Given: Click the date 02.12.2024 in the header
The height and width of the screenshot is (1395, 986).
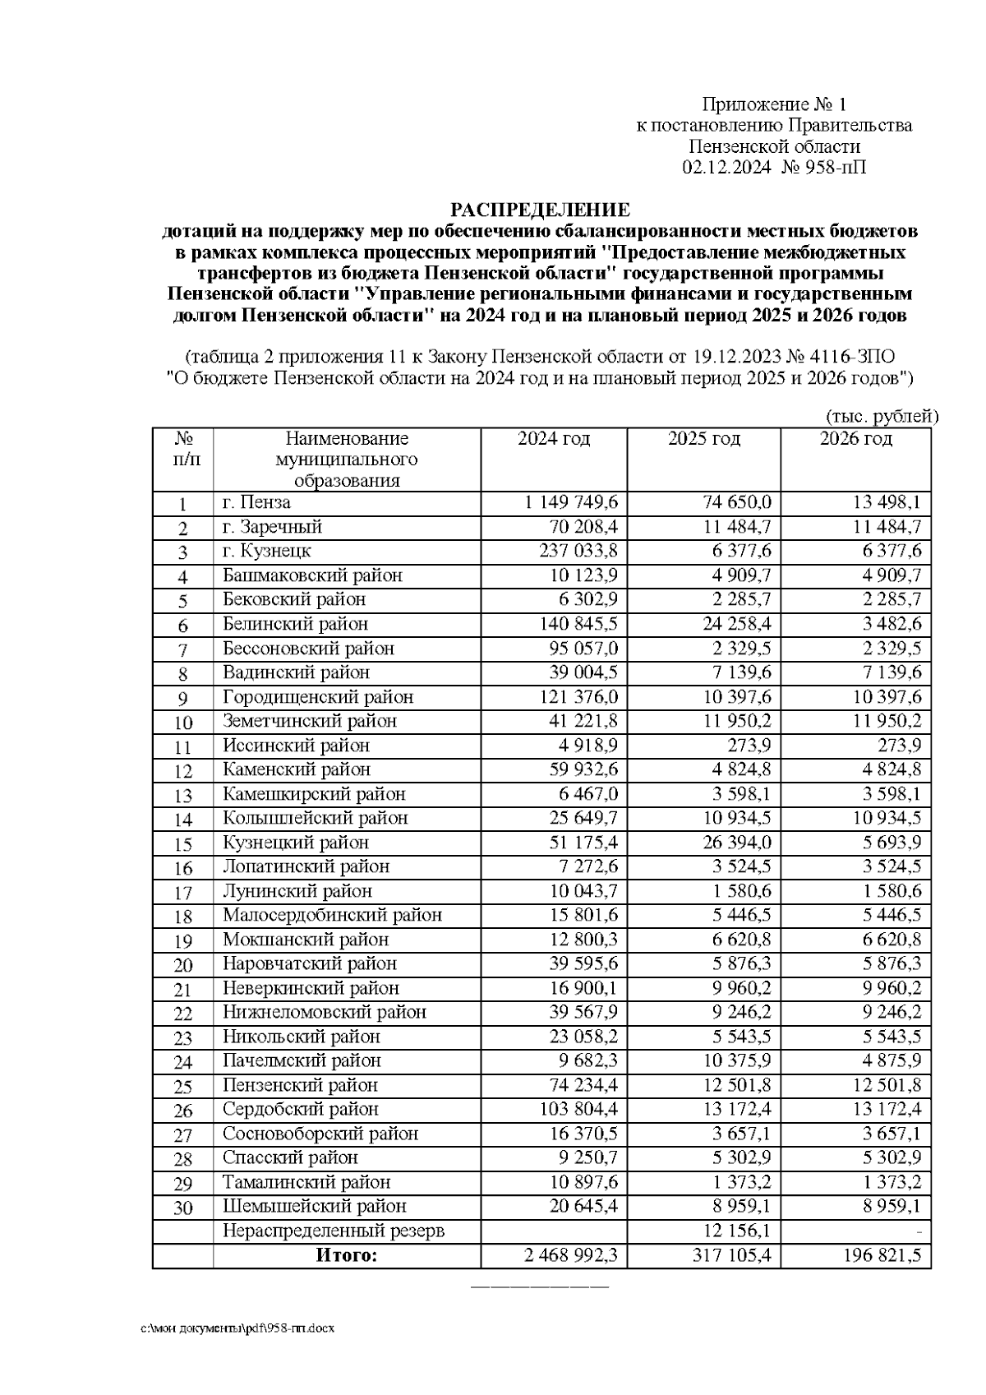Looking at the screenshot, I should pos(726,168).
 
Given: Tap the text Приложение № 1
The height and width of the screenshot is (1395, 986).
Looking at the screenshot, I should pos(773,104).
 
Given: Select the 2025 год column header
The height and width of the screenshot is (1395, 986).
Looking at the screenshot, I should pos(703,439).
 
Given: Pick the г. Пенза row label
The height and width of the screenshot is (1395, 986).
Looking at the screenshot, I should pos(256,502).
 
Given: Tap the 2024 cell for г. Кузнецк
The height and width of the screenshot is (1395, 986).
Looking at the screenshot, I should pos(578,551).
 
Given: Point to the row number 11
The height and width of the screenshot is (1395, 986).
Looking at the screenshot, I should pos(182,747).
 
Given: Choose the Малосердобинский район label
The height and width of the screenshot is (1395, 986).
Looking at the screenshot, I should pos(332,915).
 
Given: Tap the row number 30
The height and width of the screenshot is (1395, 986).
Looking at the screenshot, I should pos(182,1208).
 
